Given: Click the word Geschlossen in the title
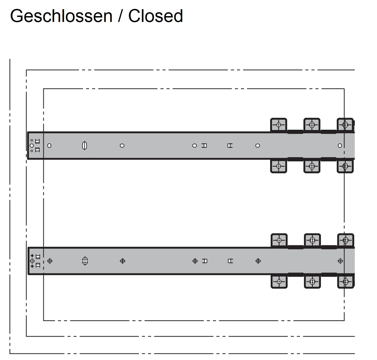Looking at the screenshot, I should pos(61,16).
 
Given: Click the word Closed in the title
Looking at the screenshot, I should pos(155,16).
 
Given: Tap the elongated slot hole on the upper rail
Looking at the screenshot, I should pos(85,146).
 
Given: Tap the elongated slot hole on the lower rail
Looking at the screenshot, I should pos(85,261).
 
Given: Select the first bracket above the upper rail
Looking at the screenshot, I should pos(278,125).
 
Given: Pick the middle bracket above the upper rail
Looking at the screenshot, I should pos(312,125).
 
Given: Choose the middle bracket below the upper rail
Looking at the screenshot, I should pos(312,166).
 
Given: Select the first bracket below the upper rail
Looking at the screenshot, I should pos(278,166).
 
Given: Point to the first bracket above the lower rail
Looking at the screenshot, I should pos(279,240).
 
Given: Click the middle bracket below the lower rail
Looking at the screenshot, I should pos(312,282).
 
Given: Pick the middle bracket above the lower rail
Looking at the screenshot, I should pos(312,240).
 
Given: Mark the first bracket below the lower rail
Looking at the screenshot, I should pos(279,282).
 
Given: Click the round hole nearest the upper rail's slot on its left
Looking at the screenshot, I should pos(49,146).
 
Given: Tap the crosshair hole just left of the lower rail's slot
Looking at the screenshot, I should pos(50,261).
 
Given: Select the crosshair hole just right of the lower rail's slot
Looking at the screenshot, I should pos(122,261).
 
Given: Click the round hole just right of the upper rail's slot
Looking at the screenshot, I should pos(122,146).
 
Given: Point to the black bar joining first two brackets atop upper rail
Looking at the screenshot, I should pos(295,132).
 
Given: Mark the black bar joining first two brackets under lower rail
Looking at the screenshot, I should pos(296,275).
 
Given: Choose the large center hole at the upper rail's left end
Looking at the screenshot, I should pos(32,146).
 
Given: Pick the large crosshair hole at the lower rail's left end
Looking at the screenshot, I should pos(32,261).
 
